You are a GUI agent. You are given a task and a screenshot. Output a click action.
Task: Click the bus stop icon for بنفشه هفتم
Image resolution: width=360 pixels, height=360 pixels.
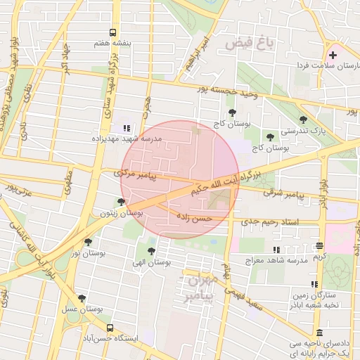(x=112, y=32)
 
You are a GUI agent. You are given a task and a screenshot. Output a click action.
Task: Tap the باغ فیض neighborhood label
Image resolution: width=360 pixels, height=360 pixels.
(x=249, y=44)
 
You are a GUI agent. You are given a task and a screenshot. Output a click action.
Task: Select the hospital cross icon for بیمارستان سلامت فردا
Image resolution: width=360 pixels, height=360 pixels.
(x=333, y=55)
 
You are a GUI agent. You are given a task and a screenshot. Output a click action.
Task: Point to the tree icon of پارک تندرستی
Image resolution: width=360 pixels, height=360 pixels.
(x=303, y=120)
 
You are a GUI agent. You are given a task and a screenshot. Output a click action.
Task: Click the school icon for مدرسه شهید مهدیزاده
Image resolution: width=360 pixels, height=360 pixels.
(x=127, y=128)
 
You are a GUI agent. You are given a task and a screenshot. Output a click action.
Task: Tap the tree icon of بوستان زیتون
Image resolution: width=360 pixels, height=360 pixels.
(x=121, y=202)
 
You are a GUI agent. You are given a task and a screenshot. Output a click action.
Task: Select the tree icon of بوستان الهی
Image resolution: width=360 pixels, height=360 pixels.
(x=151, y=250)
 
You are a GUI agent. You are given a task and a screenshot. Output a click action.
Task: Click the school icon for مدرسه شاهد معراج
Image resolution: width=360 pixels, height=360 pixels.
(x=276, y=250)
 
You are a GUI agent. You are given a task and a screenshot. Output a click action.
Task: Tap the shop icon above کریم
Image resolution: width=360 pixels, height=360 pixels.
(x=320, y=246)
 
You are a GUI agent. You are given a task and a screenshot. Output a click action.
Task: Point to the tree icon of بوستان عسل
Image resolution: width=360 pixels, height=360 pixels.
(x=82, y=298)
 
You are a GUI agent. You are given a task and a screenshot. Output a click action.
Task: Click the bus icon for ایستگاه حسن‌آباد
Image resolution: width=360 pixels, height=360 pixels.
(x=110, y=328)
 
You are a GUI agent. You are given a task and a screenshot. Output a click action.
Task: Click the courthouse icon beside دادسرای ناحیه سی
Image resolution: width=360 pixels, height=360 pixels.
(x=320, y=333)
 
